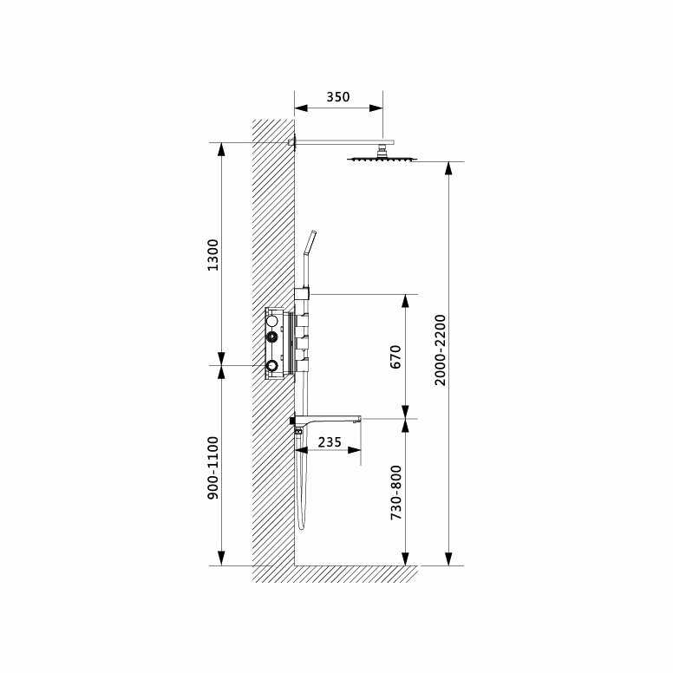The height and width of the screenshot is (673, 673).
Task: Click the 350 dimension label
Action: tap(338, 97)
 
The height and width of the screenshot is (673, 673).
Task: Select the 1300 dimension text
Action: tap(213, 254)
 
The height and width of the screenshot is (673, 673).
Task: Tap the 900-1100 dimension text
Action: tap(213, 467)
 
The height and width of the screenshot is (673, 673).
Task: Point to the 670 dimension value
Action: tap(395, 356)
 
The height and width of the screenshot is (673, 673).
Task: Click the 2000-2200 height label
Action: tap(440, 350)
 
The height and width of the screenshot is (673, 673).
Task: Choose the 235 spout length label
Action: tap(330, 442)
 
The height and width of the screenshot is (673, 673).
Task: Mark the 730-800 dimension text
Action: tap(395, 492)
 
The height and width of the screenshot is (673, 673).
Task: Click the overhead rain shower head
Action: tap(382, 157)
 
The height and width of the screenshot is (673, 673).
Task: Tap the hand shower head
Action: tap(310, 242)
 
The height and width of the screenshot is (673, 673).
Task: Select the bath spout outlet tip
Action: tap(357, 419)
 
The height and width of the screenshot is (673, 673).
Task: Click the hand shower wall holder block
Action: tap(302, 292)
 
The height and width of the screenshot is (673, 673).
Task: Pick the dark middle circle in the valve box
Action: tap(272, 335)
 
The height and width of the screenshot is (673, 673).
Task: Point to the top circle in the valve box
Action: tap(272, 321)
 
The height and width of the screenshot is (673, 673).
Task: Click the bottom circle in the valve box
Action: tap(272, 365)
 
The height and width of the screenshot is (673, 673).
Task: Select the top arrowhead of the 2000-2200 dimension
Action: tap(448, 168)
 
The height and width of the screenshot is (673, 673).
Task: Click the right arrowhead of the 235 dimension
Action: tap(355, 449)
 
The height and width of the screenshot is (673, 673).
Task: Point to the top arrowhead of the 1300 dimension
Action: tap(221, 149)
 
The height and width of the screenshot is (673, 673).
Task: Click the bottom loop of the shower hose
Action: tap(300, 526)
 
